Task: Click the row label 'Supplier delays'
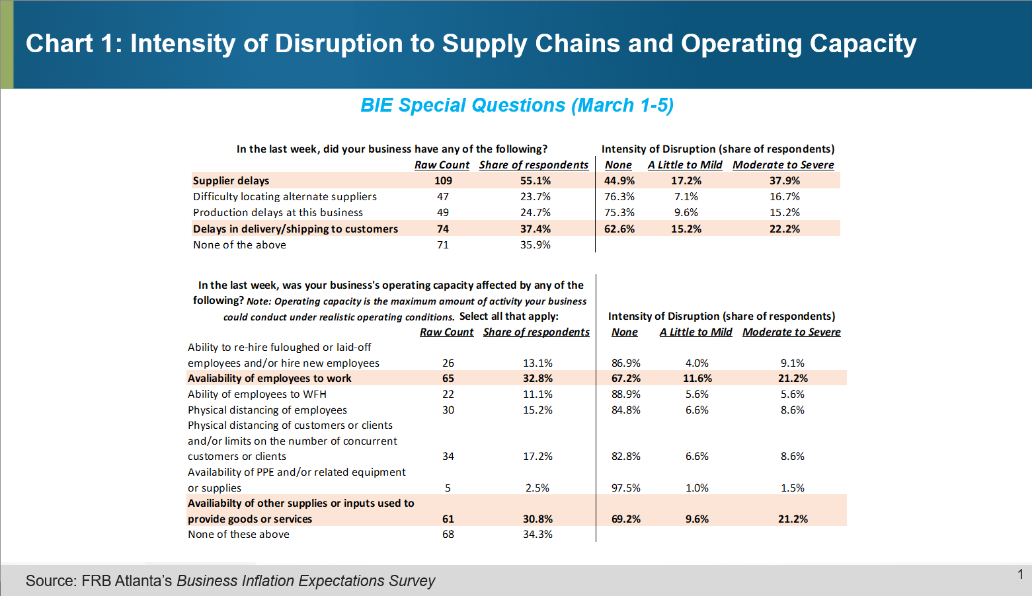pos(231,180)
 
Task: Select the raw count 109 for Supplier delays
pos(443,180)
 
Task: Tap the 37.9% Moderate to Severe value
pos(784,180)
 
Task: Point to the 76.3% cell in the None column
pos(619,196)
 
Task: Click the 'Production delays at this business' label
pos(278,212)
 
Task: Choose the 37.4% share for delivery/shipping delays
pos(535,229)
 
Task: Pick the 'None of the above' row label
pos(239,244)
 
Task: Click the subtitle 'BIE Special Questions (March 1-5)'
pos(516,105)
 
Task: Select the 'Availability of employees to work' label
pos(269,378)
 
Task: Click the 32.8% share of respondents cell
pos(537,378)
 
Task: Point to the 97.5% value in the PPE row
pos(625,488)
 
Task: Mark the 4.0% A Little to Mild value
pos(697,363)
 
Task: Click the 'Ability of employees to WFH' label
pos(257,394)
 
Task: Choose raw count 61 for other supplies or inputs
pos(448,519)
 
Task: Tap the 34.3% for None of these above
pos(537,534)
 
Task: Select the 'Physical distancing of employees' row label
pos(267,410)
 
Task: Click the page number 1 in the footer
pos(1020,574)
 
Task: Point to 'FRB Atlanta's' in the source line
pos(126,581)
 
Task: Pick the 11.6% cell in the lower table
pos(697,378)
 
